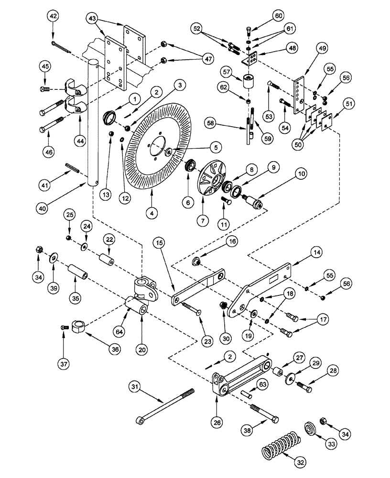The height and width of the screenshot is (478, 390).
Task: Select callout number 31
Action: tap(136, 386)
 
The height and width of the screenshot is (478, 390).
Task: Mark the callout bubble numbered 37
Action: tap(65, 365)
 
